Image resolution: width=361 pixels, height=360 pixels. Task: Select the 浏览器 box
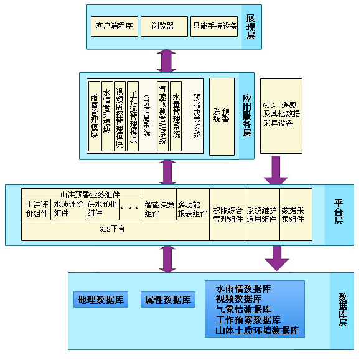tap(162, 26)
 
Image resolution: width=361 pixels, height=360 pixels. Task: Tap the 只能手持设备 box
tap(214, 26)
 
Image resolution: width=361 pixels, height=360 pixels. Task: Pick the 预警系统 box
tap(222, 116)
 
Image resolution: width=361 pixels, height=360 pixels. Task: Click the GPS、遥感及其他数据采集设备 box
tap(281, 116)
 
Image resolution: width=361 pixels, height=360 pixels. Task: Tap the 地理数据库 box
tap(100, 300)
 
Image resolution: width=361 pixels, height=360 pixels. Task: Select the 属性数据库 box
tap(167, 300)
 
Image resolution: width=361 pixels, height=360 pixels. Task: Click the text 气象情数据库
tap(243, 309)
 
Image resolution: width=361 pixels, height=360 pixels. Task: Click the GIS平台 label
tap(112, 230)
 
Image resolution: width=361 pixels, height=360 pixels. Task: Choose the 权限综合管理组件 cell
tap(227, 214)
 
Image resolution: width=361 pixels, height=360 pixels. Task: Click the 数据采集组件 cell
tap(293, 214)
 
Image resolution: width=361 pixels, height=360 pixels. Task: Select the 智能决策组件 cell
tap(159, 209)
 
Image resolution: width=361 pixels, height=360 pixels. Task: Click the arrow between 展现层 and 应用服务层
tap(166, 60)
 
